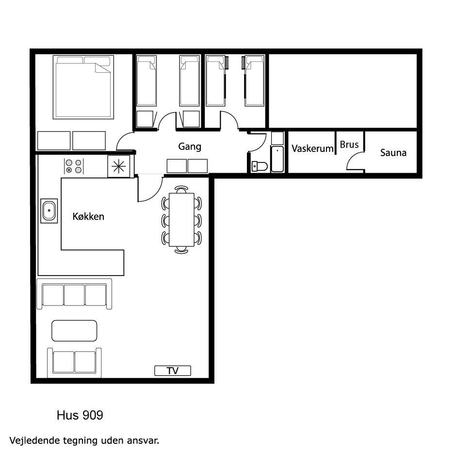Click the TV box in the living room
(173, 371)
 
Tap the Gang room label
(190, 146)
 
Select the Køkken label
(88, 216)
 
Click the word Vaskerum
(312, 148)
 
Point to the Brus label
(349, 145)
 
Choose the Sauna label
(393, 153)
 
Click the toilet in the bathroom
(260, 166)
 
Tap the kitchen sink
(49, 211)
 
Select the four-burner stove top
(74, 166)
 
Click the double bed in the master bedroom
(83, 87)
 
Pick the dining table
(181, 220)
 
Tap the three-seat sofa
(74, 294)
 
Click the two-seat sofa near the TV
(74, 362)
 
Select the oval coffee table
(74, 331)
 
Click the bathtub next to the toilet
(277, 159)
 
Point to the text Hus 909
(80, 415)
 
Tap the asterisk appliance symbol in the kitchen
(119, 166)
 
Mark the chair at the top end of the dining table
(181, 189)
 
